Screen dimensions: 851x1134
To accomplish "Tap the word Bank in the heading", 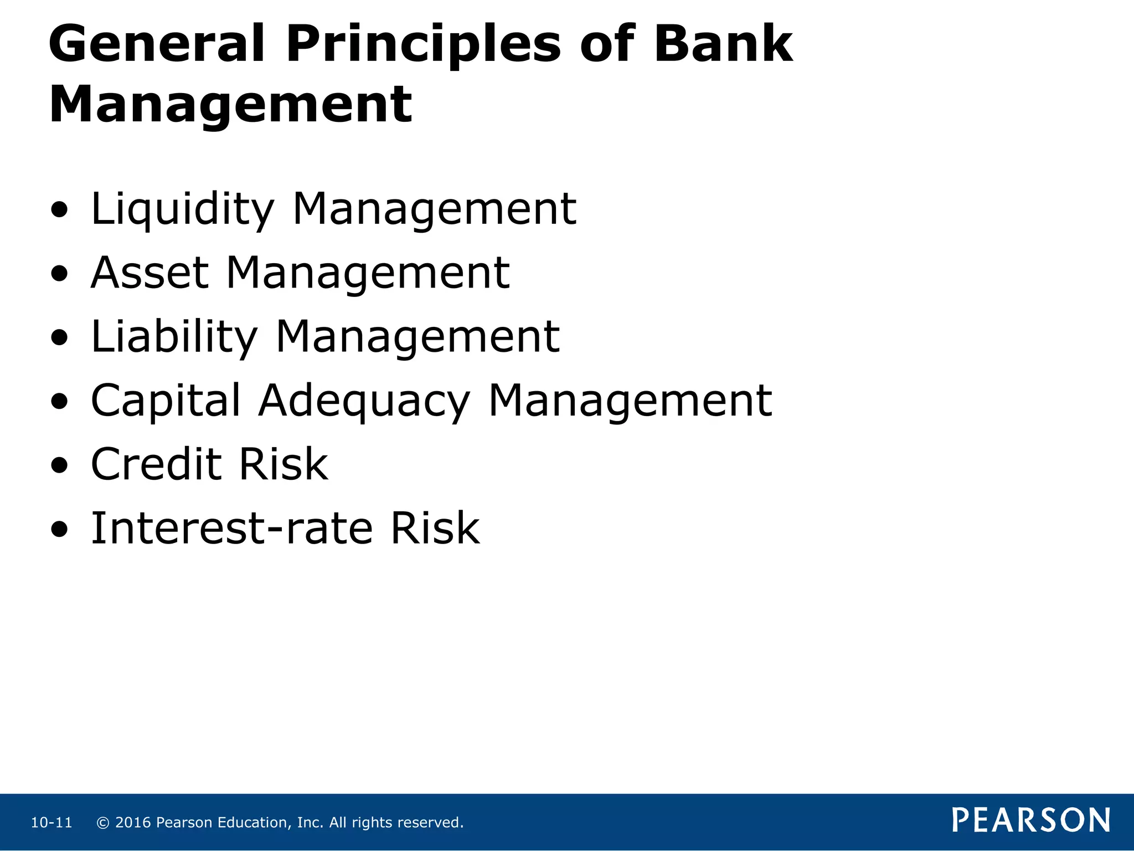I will pyautogui.click(x=723, y=44).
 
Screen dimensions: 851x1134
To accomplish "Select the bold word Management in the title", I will pyautogui.click(x=230, y=105).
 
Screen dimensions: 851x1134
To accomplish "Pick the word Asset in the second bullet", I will pyautogui.click(x=150, y=273).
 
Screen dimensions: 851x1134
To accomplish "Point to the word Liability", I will pyautogui.click(x=174, y=337).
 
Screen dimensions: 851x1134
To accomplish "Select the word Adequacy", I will pyautogui.click(x=364, y=401).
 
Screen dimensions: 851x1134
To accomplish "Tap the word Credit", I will pyautogui.click(x=156, y=464).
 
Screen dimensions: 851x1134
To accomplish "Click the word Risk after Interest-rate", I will pyautogui.click(x=435, y=529).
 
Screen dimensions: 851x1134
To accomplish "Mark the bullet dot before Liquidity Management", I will pyautogui.click(x=59, y=211).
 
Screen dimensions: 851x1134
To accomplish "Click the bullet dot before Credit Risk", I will pyautogui.click(x=59, y=466).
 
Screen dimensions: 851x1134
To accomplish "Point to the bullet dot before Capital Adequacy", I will pyautogui.click(x=59, y=402).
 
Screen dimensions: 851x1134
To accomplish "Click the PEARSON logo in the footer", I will pyautogui.click(x=1031, y=820).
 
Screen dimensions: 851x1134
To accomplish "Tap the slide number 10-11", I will pyautogui.click(x=51, y=823).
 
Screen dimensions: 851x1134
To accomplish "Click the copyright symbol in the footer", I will pyautogui.click(x=103, y=823).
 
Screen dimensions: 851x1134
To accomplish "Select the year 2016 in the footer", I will pyautogui.click(x=133, y=823).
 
